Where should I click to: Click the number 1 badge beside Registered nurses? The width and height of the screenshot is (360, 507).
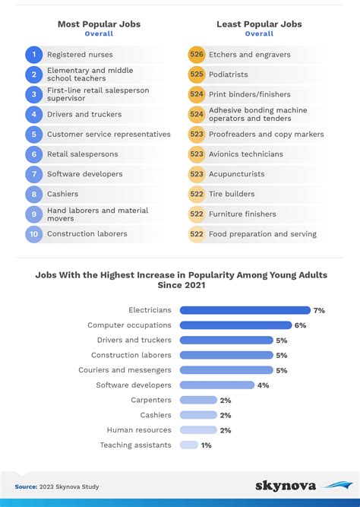point(33,55)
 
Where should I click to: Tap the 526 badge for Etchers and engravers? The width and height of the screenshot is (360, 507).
point(197,55)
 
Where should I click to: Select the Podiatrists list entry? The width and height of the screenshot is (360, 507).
point(228,74)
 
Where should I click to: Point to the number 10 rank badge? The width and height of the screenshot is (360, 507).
point(33,234)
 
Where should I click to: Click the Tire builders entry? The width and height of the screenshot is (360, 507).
point(231,194)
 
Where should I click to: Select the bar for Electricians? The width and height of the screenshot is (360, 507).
point(245,310)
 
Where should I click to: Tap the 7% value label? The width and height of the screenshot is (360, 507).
point(319,310)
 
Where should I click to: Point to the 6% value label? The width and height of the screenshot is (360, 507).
point(300,325)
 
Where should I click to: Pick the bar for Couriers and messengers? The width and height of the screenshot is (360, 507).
point(226,370)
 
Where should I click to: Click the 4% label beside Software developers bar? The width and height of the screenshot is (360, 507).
point(263,385)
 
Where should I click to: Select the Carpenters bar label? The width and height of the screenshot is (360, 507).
point(150,400)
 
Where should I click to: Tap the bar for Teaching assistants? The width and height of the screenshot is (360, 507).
point(189,445)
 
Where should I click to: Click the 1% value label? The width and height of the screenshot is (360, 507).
point(207,445)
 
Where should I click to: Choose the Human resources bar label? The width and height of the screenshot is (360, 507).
point(139,429)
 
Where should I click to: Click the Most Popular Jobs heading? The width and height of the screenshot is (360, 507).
point(99,24)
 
